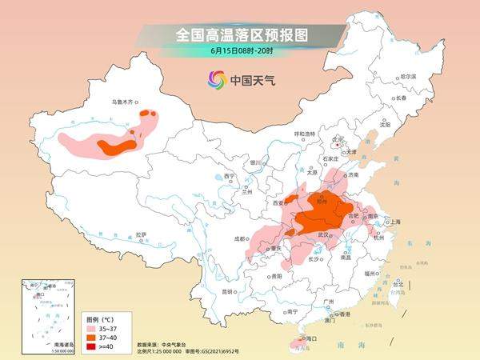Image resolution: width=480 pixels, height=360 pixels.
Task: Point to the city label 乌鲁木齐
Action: point(124,102)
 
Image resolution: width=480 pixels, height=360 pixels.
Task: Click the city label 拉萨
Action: point(141,234)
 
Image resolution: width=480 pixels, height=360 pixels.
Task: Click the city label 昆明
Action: point(230,290)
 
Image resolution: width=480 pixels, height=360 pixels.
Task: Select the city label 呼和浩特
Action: point(306,133)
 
